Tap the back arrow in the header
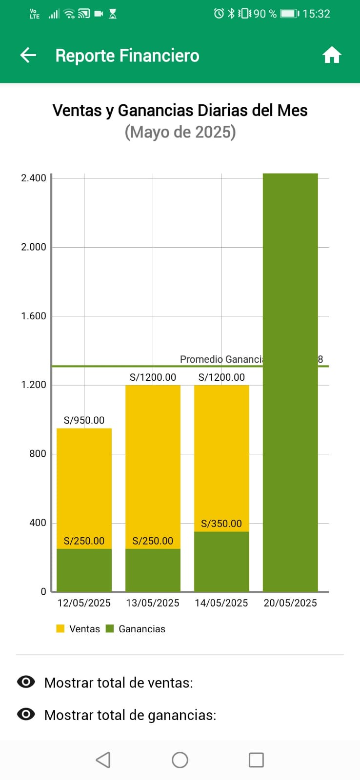pyautogui.click(x=28, y=55)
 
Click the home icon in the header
pyautogui.click(x=332, y=55)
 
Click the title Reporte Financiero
pyautogui.click(x=127, y=56)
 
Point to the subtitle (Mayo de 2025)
pyautogui.click(x=180, y=132)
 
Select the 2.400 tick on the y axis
pyautogui.click(x=34, y=178)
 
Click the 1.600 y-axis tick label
pyautogui.click(x=34, y=316)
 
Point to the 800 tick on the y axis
pyautogui.click(x=38, y=454)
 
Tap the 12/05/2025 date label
pyautogui.click(x=84, y=603)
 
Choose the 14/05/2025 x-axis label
pyautogui.click(x=221, y=603)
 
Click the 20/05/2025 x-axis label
pyautogui.click(x=290, y=603)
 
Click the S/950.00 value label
pyautogui.click(x=84, y=420)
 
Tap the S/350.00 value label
pyautogui.click(x=221, y=524)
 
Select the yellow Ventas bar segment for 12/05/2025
pyautogui.click(x=84, y=483)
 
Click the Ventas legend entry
pyautogui.click(x=79, y=629)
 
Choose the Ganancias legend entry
pyautogui.click(x=136, y=629)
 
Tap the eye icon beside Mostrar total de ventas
pyautogui.click(x=26, y=682)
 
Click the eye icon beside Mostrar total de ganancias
pyautogui.click(x=26, y=714)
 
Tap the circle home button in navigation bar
pyautogui.click(x=180, y=760)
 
